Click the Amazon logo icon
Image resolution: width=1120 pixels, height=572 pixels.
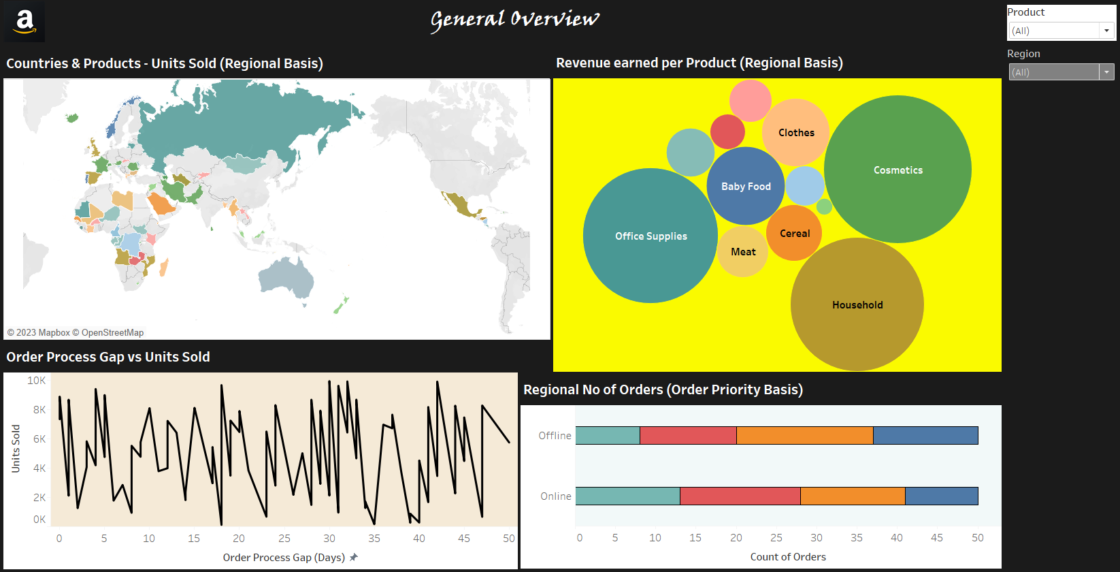pos(24,22)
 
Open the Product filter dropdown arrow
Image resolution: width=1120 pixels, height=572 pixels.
pos(1107,31)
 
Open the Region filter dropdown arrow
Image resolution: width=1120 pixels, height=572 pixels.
pos(1107,72)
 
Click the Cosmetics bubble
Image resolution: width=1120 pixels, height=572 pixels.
pos(897,170)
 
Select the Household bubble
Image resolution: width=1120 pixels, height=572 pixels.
pos(857,304)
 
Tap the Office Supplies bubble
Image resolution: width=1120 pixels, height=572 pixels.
pos(650,236)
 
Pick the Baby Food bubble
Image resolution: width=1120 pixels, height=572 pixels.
pos(746,186)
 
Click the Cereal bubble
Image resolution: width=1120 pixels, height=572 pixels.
pos(794,233)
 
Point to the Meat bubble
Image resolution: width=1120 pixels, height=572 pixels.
pos(742,251)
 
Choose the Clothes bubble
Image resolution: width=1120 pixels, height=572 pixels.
pos(795,132)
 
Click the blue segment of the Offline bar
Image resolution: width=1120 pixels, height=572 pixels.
pos(925,435)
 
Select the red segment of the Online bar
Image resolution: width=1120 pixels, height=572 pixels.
pos(740,496)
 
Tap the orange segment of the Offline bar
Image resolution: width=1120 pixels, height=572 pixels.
pos(804,435)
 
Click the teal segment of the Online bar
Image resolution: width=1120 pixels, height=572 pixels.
pos(627,496)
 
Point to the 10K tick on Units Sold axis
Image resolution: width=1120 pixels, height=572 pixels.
pos(36,381)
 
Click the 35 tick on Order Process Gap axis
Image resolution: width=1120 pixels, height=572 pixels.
pos(374,538)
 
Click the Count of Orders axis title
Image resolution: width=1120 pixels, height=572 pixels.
pos(788,556)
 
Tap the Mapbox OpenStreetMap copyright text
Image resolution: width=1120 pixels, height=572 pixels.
pos(76,332)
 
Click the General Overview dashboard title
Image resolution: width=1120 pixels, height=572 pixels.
pos(515,20)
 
